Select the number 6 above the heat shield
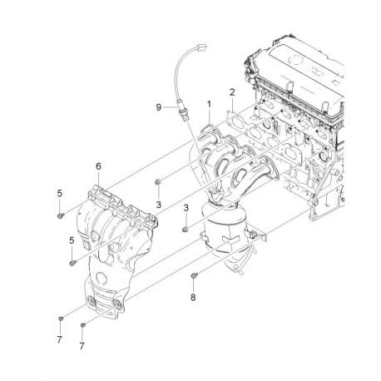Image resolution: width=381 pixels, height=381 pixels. (98, 166)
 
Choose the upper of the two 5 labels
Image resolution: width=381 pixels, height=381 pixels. (60, 194)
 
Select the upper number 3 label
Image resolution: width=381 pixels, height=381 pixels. (158, 205)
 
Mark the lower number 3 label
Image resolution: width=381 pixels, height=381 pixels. (186, 207)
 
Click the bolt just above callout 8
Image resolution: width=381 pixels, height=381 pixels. (193, 274)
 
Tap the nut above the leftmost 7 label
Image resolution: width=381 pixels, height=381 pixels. (61, 319)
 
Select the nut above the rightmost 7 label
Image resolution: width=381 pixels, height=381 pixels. (84, 324)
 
